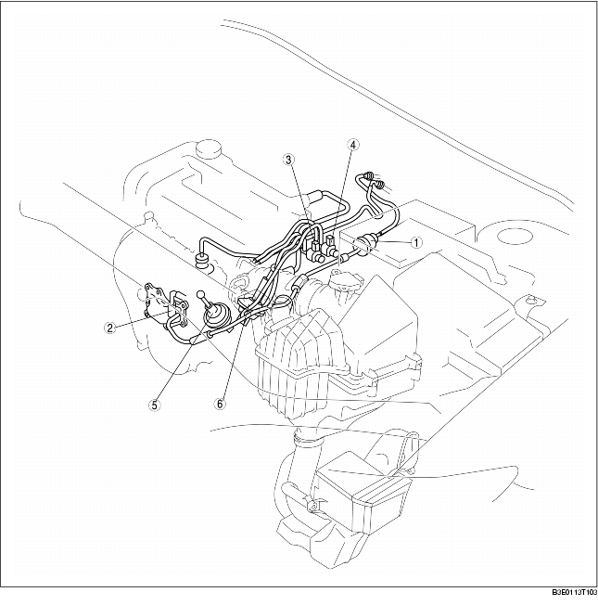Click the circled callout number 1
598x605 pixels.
417,242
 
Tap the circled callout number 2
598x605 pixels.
110,326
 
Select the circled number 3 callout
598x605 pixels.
290,160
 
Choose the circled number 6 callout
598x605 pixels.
221,404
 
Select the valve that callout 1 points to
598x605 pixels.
368,245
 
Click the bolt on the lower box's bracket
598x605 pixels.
315,507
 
